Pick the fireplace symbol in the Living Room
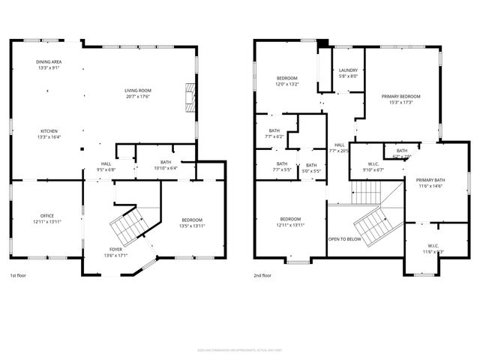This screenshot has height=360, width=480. pos(189,96)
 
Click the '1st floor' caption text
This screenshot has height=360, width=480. pos(19,275)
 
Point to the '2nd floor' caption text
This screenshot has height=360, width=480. pos(262,275)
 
